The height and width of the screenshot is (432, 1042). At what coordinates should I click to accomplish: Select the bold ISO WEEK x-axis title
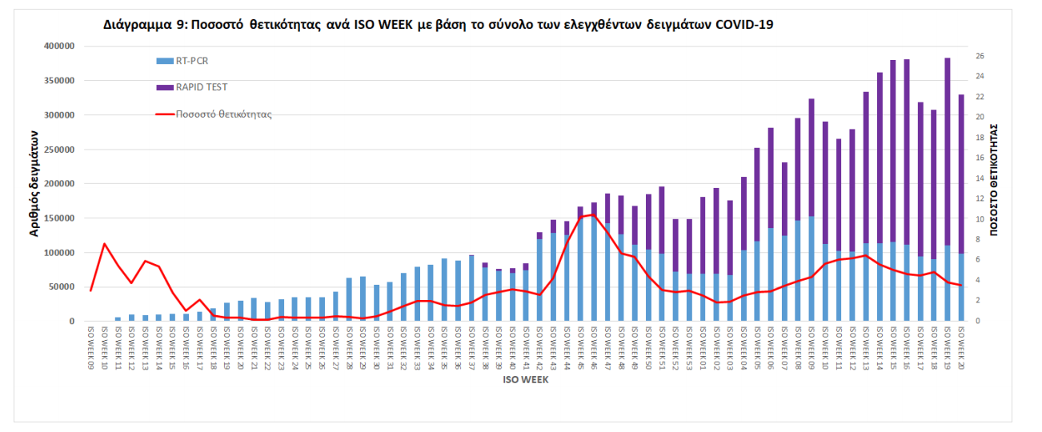(525, 380)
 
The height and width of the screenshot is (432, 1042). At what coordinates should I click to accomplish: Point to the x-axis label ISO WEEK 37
(471, 348)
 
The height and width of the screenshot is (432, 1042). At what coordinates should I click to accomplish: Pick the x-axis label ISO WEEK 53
(689, 348)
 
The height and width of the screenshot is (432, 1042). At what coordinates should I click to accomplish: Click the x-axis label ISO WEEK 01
(703, 348)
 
